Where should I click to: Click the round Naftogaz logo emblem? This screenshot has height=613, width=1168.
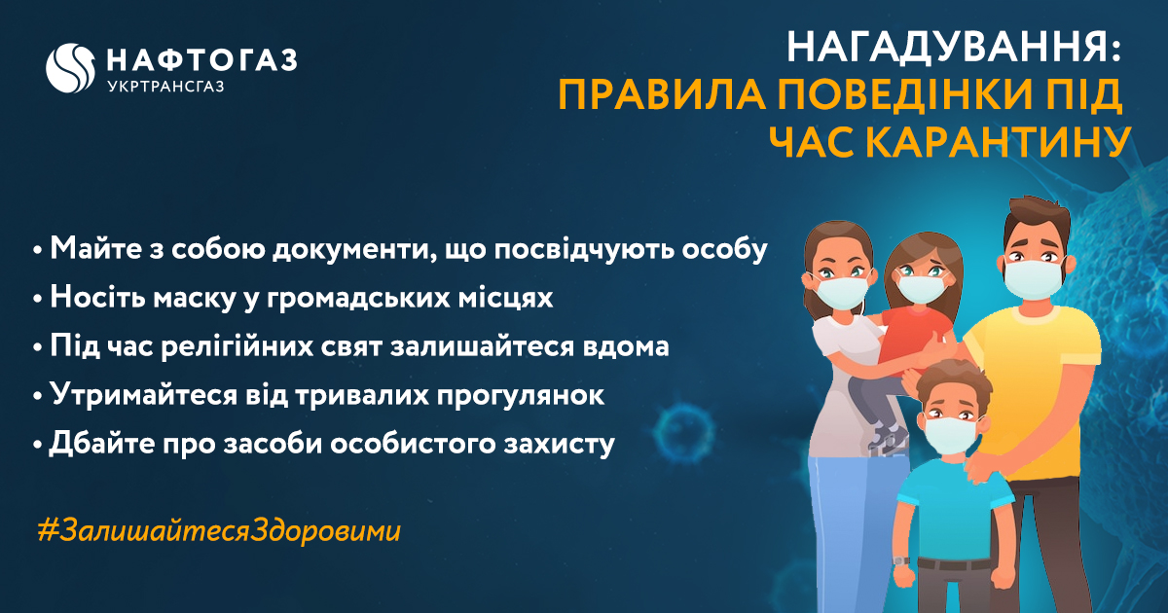tap(69, 68)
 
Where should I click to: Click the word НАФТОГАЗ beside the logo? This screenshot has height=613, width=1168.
tap(202, 60)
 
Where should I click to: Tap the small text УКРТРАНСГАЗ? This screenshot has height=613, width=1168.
tap(165, 86)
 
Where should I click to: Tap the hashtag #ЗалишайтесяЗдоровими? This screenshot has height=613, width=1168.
tap(219, 531)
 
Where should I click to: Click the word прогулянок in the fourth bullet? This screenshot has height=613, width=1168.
tap(520, 396)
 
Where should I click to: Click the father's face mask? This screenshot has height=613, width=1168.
tap(1034, 279)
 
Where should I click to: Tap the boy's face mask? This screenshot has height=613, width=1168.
tap(951, 434)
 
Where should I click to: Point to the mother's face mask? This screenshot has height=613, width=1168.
tap(841, 293)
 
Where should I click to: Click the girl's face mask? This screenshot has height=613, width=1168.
tap(921, 289)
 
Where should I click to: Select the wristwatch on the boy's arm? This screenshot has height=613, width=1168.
tap(901, 561)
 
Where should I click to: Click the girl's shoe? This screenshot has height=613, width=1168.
tap(887, 437)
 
